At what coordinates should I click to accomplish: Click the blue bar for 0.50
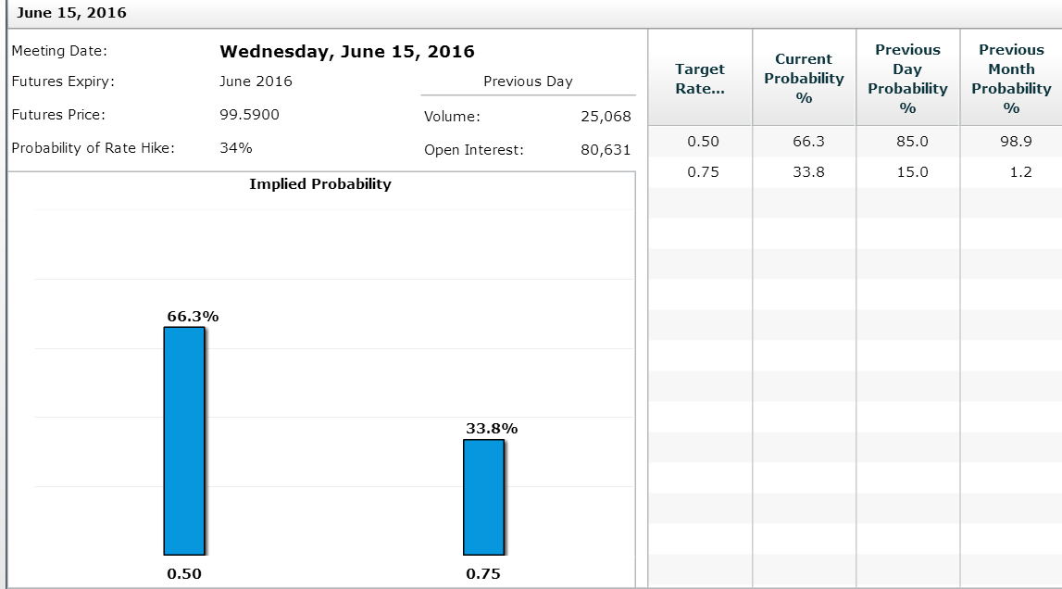pyautogui.click(x=183, y=440)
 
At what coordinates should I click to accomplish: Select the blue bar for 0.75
pyautogui.click(x=483, y=496)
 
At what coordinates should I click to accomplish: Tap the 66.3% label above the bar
pyautogui.click(x=193, y=316)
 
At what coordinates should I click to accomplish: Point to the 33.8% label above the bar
pyautogui.click(x=492, y=429)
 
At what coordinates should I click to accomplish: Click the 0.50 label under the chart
pyautogui.click(x=184, y=574)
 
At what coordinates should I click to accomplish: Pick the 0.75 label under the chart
pyautogui.click(x=483, y=574)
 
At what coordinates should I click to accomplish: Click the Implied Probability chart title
pyautogui.click(x=320, y=184)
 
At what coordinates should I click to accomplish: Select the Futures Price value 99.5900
pyautogui.click(x=250, y=115)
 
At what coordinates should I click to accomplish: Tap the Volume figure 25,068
pyautogui.click(x=606, y=117)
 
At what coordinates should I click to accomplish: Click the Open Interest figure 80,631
pyautogui.click(x=606, y=150)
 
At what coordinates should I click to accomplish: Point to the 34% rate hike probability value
pyautogui.click(x=236, y=148)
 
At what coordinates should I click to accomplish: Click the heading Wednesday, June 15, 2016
pyautogui.click(x=347, y=52)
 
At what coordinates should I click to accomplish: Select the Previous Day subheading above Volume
pyautogui.click(x=528, y=81)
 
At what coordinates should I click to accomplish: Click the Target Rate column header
pyautogui.click(x=700, y=79)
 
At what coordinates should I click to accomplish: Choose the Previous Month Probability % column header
pyautogui.click(x=1011, y=79)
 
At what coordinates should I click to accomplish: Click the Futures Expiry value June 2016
pyautogui.click(x=256, y=81)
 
